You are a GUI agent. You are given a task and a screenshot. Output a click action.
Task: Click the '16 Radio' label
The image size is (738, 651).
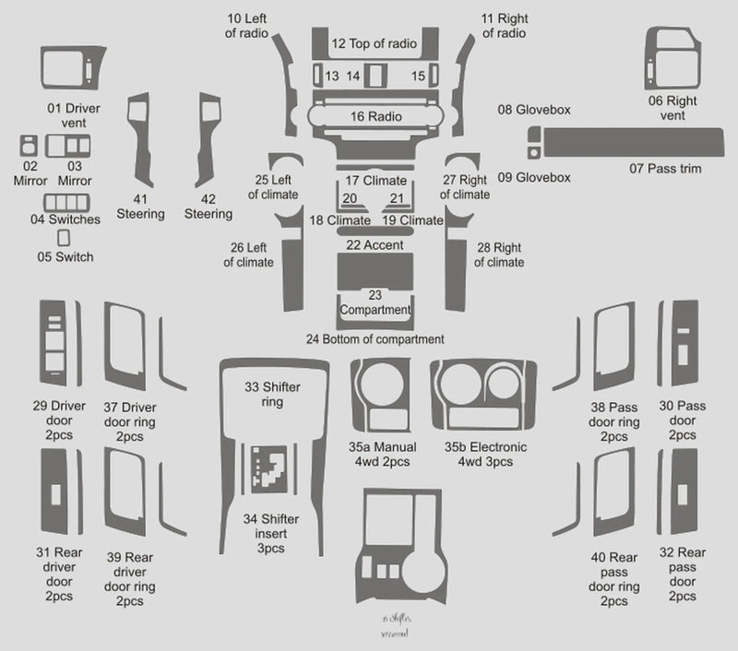coord(375,117)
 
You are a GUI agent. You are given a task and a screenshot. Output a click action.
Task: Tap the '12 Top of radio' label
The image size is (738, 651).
coord(374,43)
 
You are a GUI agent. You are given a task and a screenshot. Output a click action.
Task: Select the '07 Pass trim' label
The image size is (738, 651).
coord(665,169)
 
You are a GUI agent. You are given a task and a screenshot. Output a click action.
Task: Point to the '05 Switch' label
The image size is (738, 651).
coord(65,257)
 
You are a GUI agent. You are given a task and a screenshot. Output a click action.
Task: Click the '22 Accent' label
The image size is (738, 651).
coord(375,245)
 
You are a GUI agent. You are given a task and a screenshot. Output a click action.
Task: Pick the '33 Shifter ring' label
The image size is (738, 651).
coord(271,394)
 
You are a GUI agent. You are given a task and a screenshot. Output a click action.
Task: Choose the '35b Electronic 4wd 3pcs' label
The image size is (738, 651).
coord(485,454)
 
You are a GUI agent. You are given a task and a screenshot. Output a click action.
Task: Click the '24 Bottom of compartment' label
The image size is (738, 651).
coord(375,339)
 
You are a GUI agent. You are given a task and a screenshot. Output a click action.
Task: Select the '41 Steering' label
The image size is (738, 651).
coord(140,207)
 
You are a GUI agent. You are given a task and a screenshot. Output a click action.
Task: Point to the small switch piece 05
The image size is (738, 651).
coord(64,238)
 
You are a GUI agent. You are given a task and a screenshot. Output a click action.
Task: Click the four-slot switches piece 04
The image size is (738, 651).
coord(65,203)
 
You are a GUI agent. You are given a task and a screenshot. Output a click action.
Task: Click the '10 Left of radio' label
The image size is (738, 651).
coord(247,26)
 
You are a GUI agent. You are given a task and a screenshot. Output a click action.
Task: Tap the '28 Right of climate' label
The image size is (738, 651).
coord(499,255)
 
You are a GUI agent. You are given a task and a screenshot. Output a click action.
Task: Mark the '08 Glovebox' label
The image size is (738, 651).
coord(533,110)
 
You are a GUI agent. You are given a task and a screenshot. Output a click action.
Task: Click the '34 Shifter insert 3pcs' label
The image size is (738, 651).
coord(271,532)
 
